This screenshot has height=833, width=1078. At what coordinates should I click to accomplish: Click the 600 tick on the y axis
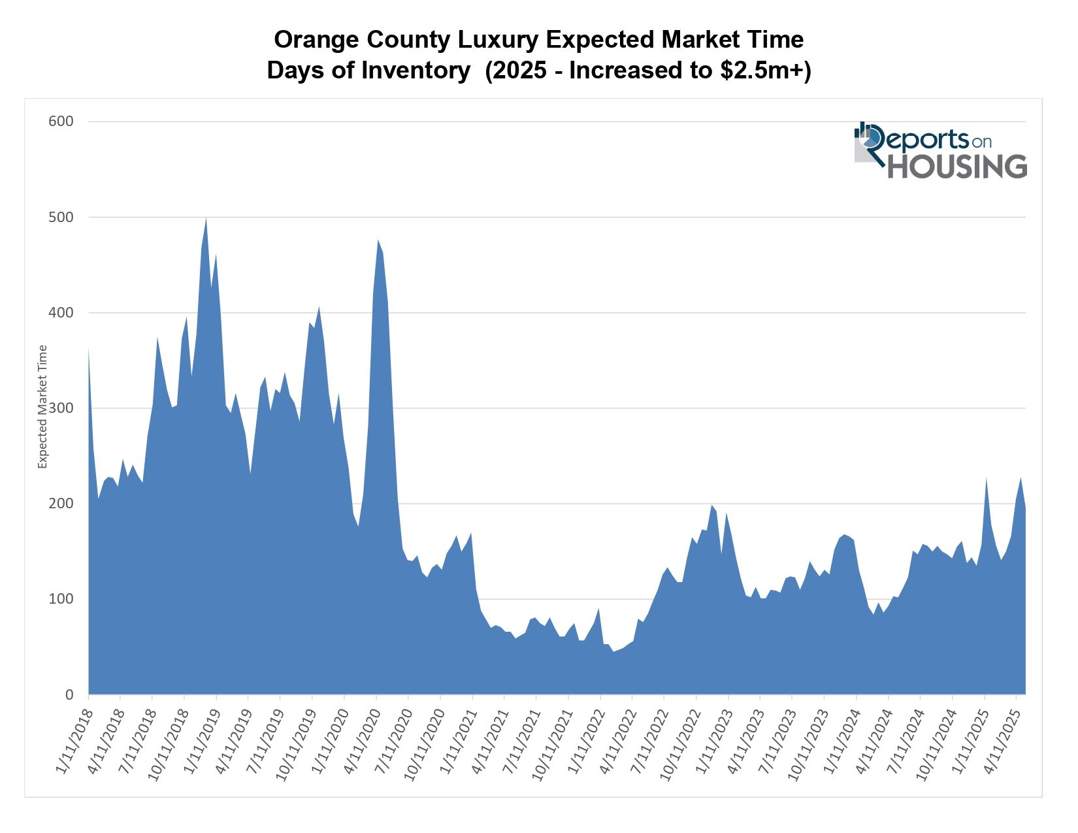[x=61, y=122]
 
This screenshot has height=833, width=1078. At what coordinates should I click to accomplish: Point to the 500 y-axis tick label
[x=61, y=217]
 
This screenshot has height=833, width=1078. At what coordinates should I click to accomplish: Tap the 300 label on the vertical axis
[x=61, y=408]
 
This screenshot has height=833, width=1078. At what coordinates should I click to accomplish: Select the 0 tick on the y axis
[x=69, y=694]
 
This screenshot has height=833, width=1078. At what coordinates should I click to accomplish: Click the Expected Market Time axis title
[x=43, y=406]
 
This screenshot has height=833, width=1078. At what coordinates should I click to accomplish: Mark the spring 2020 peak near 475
[x=378, y=240]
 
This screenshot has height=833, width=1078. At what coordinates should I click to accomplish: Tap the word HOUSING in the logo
[x=956, y=167]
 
